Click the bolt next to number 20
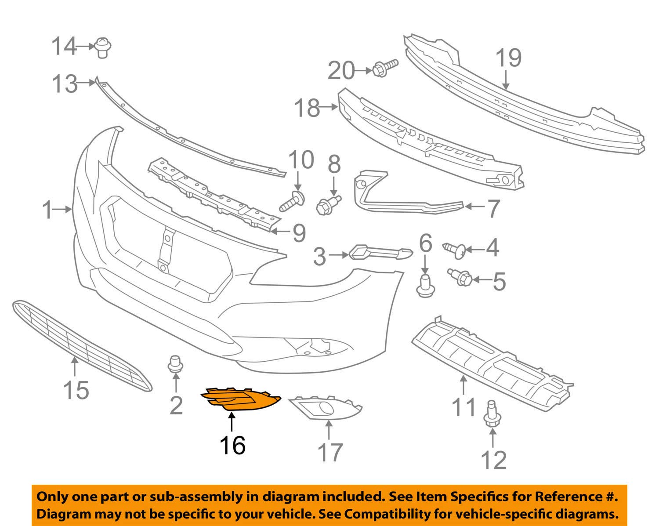tap(385, 68)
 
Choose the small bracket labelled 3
tap(380, 253)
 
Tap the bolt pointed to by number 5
tap(460, 277)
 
